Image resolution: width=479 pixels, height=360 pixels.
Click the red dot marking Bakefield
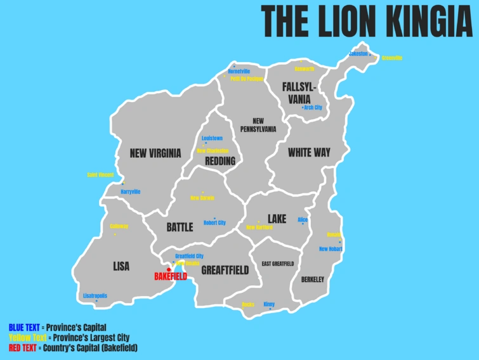(169, 270)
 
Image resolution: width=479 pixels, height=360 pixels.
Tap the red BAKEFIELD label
(171, 277)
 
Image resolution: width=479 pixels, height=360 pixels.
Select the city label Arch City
(313, 108)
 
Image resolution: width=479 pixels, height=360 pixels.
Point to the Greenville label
(392, 58)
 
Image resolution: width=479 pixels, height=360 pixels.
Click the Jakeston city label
(358, 54)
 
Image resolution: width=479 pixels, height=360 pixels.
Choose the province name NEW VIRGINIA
(155, 153)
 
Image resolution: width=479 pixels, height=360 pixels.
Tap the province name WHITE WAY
(309, 153)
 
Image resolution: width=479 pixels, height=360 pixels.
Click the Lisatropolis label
(95, 295)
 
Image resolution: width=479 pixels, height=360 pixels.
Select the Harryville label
(131, 191)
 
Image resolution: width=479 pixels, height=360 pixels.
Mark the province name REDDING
(220, 162)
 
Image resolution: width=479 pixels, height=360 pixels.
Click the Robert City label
(214, 222)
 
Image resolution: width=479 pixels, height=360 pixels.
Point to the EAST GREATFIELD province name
(278, 264)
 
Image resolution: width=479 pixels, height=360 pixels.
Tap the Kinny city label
(269, 304)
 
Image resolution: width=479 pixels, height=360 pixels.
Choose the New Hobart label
(331, 249)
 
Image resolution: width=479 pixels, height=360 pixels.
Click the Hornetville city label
(239, 72)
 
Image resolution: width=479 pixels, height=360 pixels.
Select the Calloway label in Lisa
(119, 226)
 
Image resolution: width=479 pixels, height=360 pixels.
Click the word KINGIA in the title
(418, 21)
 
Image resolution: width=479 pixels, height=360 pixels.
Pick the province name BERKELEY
(313, 280)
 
